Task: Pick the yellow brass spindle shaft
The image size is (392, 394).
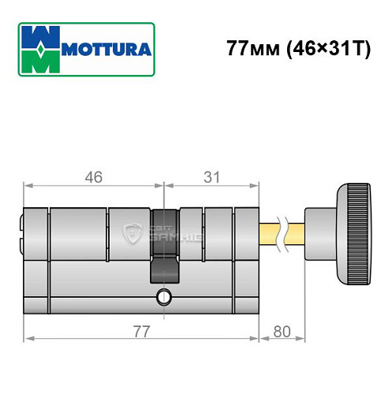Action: [x=272, y=235]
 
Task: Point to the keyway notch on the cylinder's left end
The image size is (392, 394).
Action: [x=21, y=235]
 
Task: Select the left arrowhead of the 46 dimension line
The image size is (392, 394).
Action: [x=29, y=188]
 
